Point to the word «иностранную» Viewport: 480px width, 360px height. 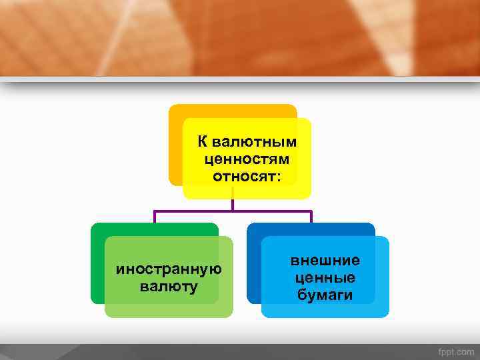pyautogui.click(x=169, y=269)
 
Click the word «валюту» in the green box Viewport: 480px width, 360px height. pyautogui.click(x=169, y=287)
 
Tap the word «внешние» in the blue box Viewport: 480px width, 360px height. pyautogui.click(x=325, y=261)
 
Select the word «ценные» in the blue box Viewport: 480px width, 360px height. pyautogui.click(x=325, y=277)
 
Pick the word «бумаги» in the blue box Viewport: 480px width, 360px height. pyautogui.click(x=325, y=295)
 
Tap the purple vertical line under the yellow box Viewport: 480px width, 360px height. pyautogui.click(x=233, y=204)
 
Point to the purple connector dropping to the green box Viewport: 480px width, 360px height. pyautogui.click(x=155, y=217)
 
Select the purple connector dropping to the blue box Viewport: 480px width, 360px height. pyautogui.click(x=311, y=217)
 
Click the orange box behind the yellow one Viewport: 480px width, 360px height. pyautogui.click(x=175, y=147)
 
